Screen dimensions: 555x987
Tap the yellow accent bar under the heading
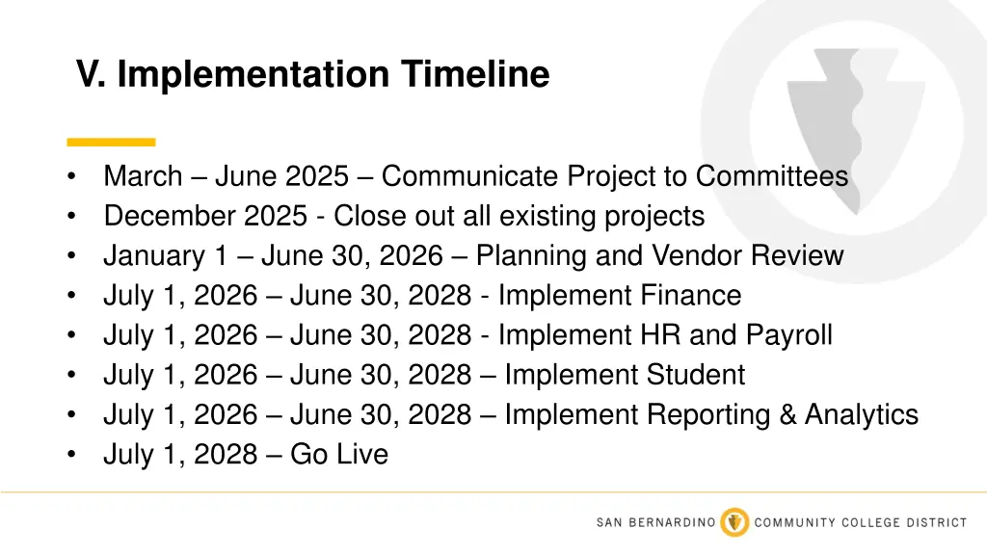(x=111, y=142)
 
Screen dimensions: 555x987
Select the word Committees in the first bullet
(x=772, y=176)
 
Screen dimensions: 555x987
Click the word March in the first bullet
(x=143, y=176)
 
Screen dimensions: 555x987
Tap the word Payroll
(x=789, y=335)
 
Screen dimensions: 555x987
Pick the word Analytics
(x=862, y=414)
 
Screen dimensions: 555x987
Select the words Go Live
(x=339, y=454)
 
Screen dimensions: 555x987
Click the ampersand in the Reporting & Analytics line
(x=785, y=414)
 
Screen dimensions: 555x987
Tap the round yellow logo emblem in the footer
(x=735, y=522)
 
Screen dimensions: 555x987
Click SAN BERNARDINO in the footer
(x=655, y=522)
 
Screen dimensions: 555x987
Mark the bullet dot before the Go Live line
(x=72, y=455)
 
